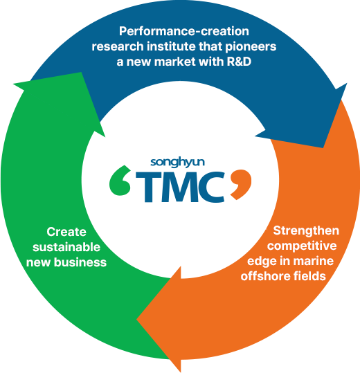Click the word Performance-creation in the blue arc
183,31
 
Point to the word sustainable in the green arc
67,247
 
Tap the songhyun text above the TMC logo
179,163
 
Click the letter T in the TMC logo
147,187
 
